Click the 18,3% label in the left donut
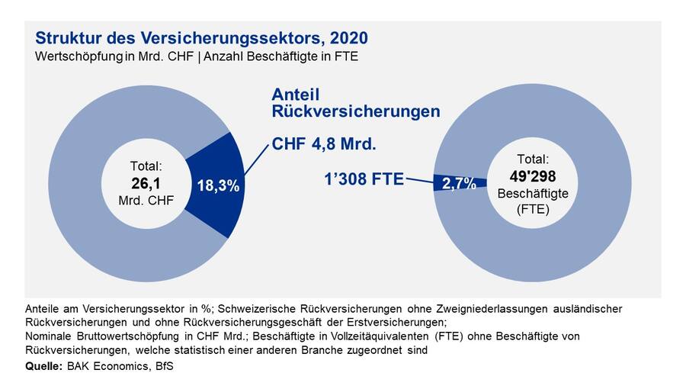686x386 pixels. click(219, 185)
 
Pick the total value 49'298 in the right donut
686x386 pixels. click(533, 177)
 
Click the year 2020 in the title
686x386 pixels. click(348, 38)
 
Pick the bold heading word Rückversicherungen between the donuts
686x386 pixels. click(356, 111)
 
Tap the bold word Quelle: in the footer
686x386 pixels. click(43, 367)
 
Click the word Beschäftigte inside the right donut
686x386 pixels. click(533, 194)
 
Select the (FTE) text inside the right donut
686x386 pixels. click(533, 208)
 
